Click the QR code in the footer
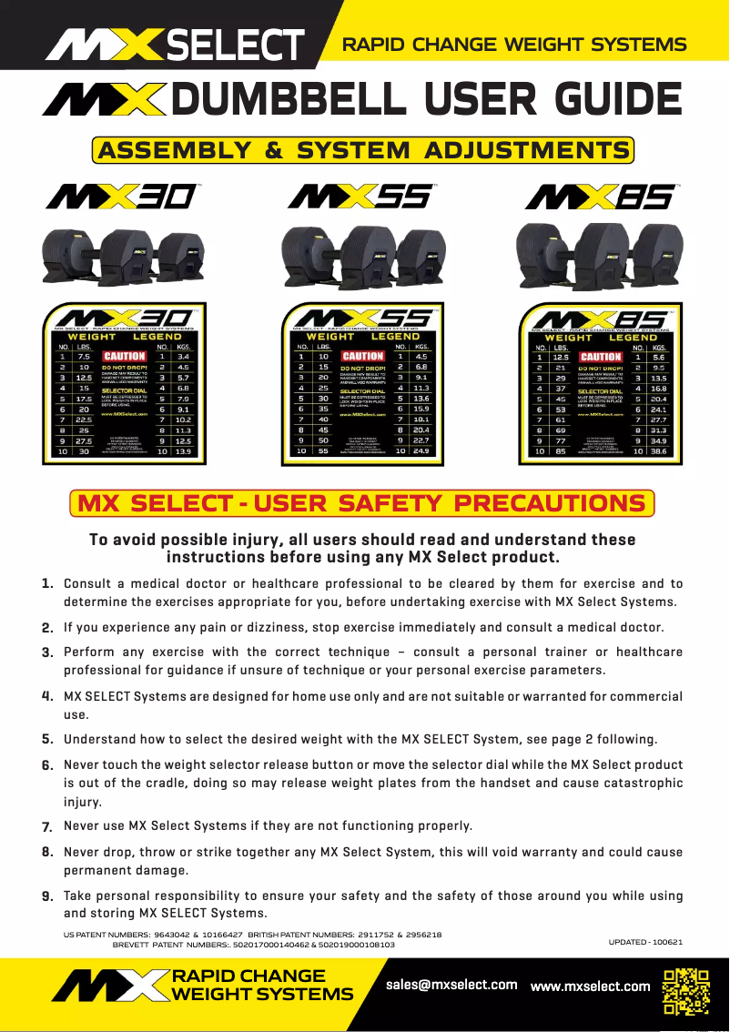(x=685, y=991)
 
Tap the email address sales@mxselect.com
(x=451, y=985)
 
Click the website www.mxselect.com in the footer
(x=590, y=986)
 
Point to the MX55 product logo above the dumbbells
(x=361, y=197)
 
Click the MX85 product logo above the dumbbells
(x=600, y=197)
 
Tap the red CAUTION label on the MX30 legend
(x=124, y=357)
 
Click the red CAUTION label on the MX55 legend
(x=361, y=357)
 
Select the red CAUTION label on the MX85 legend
(x=601, y=357)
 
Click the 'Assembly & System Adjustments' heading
(x=363, y=150)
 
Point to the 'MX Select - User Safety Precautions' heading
(x=362, y=503)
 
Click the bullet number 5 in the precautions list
(x=46, y=739)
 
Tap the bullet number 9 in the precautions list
(x=46, y=896)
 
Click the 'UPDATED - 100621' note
(x=645, y=941)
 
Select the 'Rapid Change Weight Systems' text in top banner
(x=513, y=45)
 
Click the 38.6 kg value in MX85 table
(x=657, y=450)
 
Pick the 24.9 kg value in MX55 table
(x=420, y=450)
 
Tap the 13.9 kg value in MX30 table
(x=182, y=450)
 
